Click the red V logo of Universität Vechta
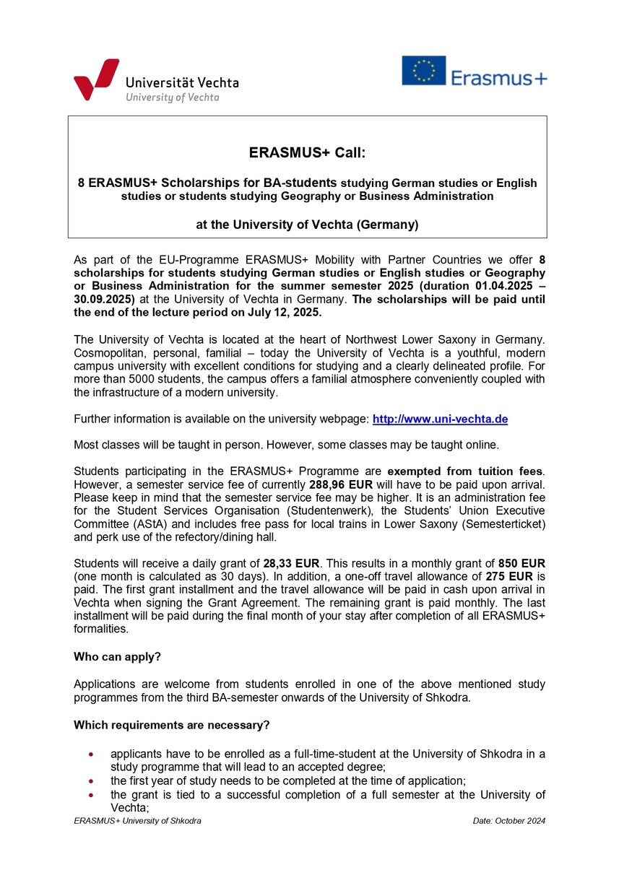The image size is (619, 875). (95, 79)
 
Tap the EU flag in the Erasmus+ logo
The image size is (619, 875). (423, 71)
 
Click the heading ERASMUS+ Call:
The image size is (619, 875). (307, 153)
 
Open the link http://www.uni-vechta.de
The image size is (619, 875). (440, 419)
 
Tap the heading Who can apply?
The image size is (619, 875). (117, 657)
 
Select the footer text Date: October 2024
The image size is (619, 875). (508, 821)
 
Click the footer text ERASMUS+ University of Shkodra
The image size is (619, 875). (137, 821)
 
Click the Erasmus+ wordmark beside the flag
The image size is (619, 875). (498, 77)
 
